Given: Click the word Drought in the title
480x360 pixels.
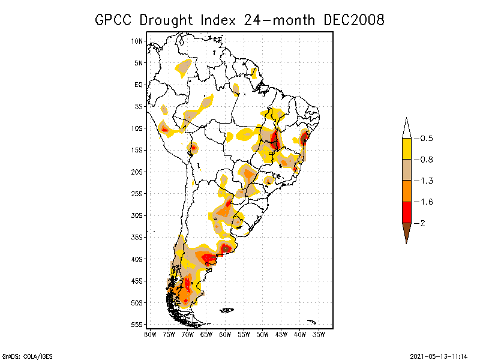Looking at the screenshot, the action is (166, 20).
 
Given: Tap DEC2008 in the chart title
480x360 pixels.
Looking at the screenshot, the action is (353, 20).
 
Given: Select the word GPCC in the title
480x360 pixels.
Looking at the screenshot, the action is (113, 20).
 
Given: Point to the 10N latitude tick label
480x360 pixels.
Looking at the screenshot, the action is (137, 41).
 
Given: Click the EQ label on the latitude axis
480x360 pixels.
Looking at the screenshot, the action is (139, 85).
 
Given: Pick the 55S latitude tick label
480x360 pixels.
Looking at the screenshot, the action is (137, 325).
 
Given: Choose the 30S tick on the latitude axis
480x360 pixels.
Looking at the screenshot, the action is (137, 215).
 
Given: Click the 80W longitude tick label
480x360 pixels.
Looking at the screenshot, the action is (150, 335).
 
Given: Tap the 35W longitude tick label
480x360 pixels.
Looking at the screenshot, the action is (319, 335).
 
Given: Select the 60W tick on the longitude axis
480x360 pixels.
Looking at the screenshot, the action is (225, 335).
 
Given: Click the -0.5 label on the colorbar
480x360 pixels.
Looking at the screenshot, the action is (424, 139).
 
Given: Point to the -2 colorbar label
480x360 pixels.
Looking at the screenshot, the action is (419, 223).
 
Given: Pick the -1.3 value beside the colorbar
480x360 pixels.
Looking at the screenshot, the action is (424, 181).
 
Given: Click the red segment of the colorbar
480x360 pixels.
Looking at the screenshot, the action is (407, 212).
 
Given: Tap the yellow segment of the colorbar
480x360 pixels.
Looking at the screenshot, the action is (407, 149).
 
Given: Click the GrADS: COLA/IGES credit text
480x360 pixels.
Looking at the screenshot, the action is (27, 356).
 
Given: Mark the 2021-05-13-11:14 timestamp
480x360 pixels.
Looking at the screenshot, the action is (439, 356).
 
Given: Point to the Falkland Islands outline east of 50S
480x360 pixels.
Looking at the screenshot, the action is (227, 310).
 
